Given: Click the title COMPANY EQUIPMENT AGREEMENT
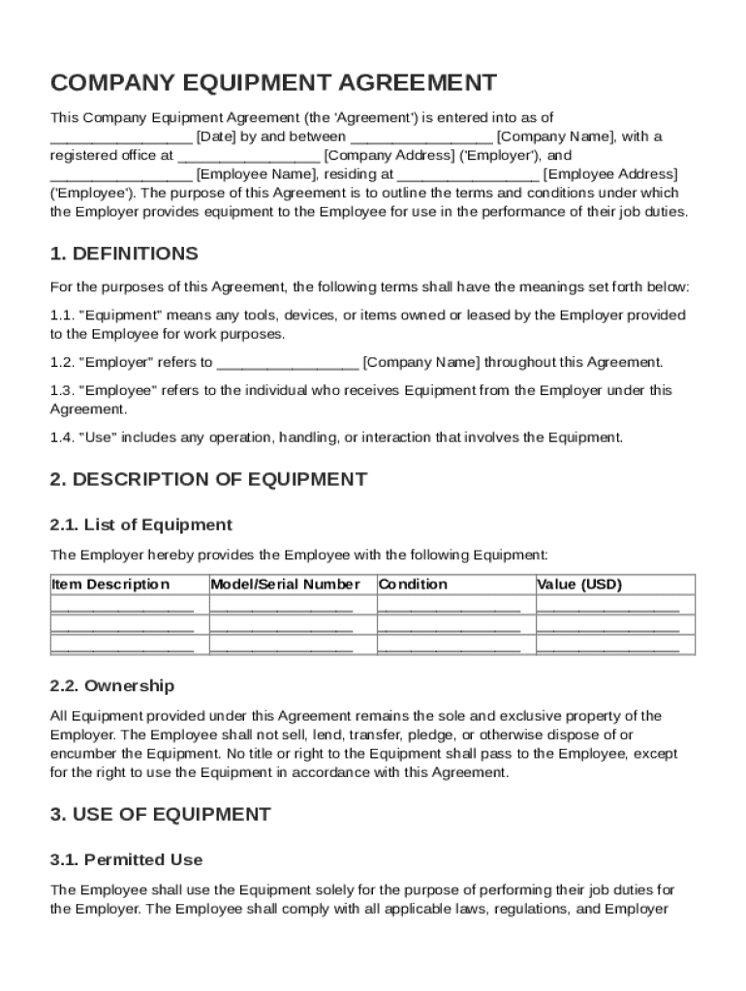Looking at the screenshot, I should [273, 82].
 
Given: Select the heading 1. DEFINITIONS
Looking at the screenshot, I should [124, 254].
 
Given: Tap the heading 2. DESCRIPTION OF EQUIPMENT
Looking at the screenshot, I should [208, 479].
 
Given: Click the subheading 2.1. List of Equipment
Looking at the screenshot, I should [141, 525].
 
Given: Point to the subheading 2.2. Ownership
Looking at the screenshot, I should [112, 685].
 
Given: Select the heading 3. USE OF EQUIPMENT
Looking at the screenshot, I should [160, 814].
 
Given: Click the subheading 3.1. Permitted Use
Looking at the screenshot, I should [126, 859].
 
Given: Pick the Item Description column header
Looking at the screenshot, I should [110, 585].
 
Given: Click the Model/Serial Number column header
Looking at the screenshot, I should [285, 585].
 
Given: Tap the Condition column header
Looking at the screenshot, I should [414, 585].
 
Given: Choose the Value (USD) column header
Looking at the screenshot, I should [579, 585].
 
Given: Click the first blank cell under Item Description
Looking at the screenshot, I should [122, 608].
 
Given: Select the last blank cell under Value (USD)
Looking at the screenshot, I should [607, 646].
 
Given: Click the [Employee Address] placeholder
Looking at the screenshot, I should [610, 174].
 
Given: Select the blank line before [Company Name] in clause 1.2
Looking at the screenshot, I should [288, 363].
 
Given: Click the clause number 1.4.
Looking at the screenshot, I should [61, 437].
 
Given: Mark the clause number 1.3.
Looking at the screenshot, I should [61, 391].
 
